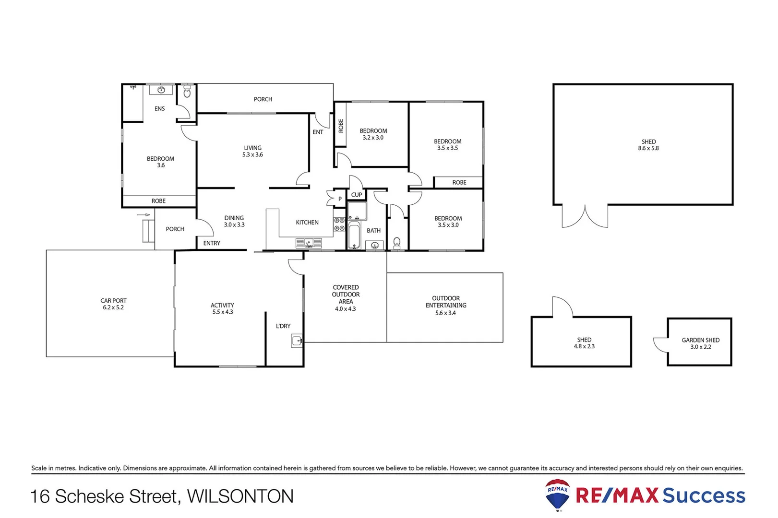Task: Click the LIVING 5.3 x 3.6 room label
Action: [252, 151]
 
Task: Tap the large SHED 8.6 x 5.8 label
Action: [648, 145]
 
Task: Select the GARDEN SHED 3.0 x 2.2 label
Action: [700, 343]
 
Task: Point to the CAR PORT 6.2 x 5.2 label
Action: [113, 304]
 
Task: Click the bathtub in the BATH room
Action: [354, 235]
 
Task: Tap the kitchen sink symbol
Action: [309, 243]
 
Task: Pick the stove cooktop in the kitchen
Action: [339, 224]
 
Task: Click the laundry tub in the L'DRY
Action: [297, 341]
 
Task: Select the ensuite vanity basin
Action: [161, 90]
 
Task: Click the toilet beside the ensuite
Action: [187, 92]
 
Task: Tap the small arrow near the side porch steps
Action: [144, 215]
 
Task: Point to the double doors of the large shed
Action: [585, 217]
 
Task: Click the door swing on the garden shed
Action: [660, 344]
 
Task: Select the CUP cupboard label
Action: [357, 195]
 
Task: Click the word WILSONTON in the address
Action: [240, 496]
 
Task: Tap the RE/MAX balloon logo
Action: [557, 494]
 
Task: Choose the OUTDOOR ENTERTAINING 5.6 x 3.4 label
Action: [445, 306]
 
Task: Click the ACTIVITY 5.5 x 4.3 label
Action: [222, 308]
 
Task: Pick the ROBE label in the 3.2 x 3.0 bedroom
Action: [341, 126]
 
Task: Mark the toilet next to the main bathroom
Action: [397, 243]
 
